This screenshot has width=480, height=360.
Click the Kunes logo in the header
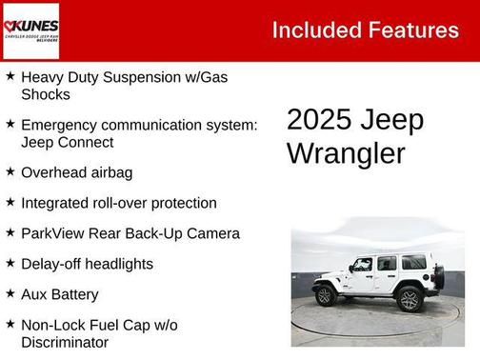[x=30, y=30]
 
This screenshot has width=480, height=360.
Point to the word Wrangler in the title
[x=346, y=153]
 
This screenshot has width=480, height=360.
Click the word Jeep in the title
[x=392, y=121]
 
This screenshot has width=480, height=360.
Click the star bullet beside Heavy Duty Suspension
[x=10, y=74]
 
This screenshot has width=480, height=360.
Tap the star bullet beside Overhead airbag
[x=10, y=171]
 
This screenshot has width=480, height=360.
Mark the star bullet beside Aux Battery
[x=10, y=293]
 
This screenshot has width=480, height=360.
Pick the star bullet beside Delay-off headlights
[x=10, y=263]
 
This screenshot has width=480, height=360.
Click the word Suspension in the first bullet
[x=150, y=76]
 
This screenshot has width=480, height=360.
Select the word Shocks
[x=46, y=93]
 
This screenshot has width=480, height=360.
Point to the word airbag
[x=110, y=172]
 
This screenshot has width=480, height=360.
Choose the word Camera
[x=212, y=233]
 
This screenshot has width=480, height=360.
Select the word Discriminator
[x=64, y=342]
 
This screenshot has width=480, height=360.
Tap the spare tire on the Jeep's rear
[x=437, y=277]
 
